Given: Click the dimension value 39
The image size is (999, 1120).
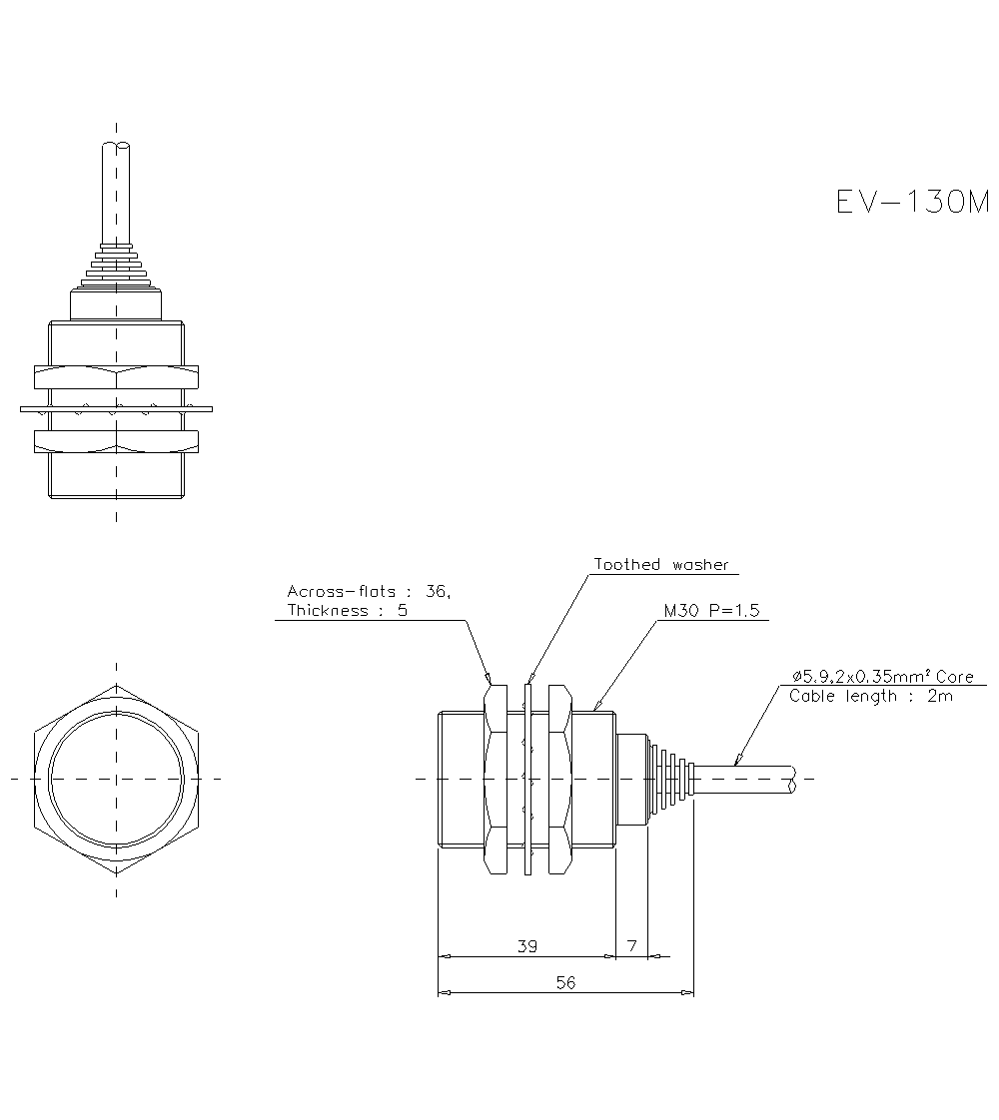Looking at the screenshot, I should tap(526, 945).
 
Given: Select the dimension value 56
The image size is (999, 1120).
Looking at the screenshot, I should tap(565, 982).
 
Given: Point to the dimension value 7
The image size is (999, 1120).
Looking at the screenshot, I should tap(631, 945).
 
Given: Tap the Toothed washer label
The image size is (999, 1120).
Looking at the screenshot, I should tap(661, 565).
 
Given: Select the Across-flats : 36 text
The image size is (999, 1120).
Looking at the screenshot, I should tap(369, 591).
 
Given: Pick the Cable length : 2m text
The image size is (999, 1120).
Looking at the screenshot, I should tap(870, 696).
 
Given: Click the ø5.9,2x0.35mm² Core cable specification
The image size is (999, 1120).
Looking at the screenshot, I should tap(880, 677).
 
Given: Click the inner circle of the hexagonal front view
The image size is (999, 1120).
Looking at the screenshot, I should tap(117, 779).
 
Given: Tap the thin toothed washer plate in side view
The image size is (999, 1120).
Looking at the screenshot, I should tap(527, 779).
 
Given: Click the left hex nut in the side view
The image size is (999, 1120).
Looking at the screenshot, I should tap(497, 779).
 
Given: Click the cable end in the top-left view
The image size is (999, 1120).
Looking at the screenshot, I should tap(116, 149).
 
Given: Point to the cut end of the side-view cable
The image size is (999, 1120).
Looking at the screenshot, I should tap(791, 780).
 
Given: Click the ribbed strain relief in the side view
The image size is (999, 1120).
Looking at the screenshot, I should tap(670, 779).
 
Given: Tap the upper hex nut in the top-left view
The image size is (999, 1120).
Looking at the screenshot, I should tap(116, 377).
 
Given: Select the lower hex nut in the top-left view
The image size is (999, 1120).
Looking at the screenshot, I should tap(116, 440).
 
